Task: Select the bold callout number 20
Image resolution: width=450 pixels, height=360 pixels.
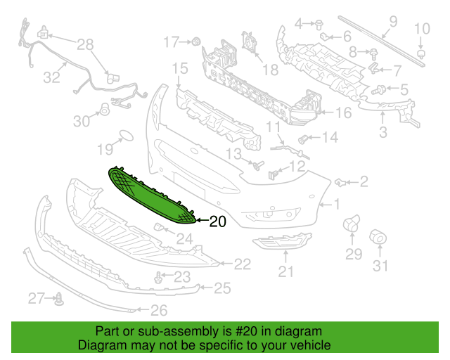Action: [218, 221]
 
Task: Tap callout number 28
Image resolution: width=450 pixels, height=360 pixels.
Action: [85, 45]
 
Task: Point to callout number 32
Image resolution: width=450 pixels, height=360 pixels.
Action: [51, 77]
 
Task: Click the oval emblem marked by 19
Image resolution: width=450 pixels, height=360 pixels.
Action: [126, 136]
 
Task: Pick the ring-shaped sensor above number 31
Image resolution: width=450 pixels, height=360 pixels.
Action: [378, 237]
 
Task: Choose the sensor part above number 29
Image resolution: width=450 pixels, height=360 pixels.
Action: [352, 224]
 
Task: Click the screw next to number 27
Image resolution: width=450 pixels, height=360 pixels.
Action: [59, 299]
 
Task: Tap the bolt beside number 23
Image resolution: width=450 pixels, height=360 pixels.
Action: [157, 277]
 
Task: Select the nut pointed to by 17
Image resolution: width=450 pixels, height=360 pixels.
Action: [196, 41]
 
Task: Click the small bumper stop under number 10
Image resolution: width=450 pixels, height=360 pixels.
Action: [420, 54]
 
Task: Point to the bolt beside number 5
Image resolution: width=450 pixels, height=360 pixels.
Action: [378, 90]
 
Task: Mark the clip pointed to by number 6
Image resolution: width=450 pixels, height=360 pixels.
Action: [325, 36]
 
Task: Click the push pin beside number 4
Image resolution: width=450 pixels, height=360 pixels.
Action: [319, 25]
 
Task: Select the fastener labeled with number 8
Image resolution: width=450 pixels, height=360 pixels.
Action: [373, 53]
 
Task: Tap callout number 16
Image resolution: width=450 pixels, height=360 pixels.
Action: [343, 112]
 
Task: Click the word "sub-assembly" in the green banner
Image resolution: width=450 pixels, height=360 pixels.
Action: [183, 332]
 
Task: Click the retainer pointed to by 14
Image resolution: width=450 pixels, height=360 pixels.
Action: [303, 139]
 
